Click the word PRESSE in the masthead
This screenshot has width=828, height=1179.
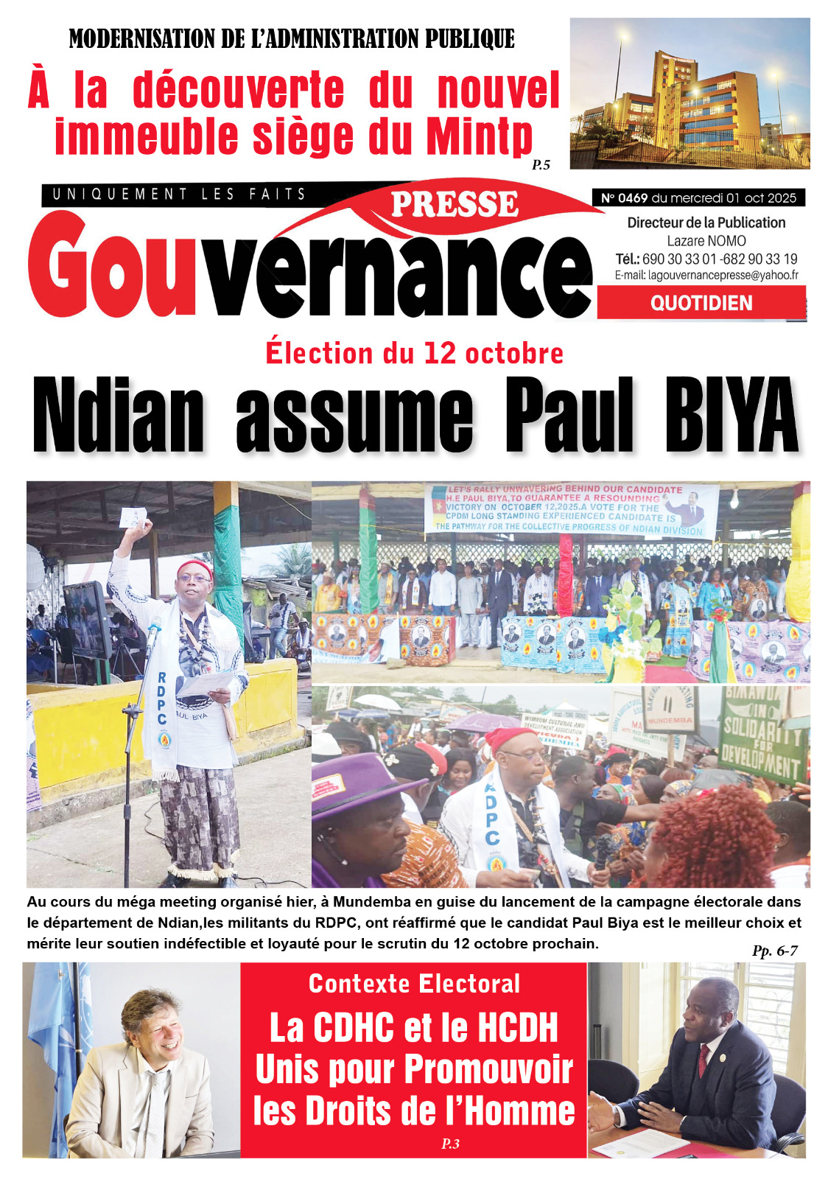coord(455,205)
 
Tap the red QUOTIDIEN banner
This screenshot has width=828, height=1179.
coord(701,303)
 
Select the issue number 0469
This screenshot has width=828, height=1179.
coord(633,197)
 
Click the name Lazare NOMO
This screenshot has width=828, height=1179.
coord(706,241)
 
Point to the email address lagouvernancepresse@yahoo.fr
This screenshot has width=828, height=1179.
coord(723,275)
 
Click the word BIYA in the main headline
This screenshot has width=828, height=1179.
coord(731,416)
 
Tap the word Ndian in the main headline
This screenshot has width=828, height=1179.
coord(119,416)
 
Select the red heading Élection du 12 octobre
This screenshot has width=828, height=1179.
coord(414,353)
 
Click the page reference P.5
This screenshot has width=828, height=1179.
coord(541,165)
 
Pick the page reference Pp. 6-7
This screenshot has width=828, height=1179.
coord(774,951)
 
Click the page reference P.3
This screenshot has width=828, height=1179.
coord(450,1144)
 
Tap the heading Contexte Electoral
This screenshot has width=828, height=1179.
coord(414,984)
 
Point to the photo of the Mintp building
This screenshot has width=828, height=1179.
coord(690,93)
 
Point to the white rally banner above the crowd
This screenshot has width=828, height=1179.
coord(571,508)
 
